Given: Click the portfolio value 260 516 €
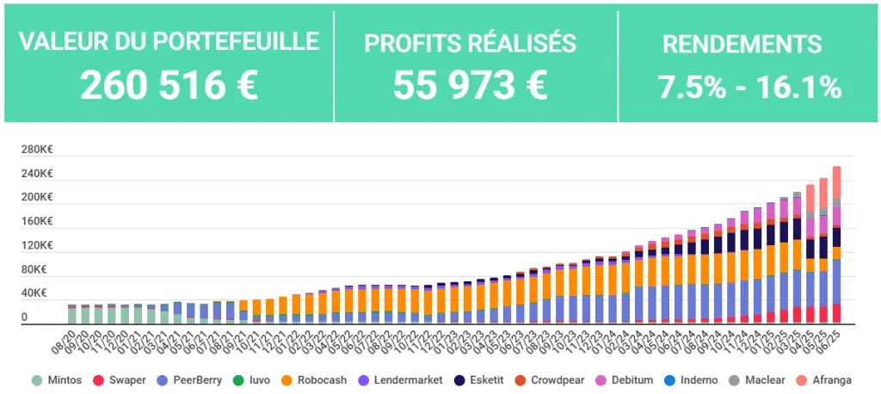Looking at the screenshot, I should pos(169,84).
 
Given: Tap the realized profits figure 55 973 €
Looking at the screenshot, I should pos(470,84).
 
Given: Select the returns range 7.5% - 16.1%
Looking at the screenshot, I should pos(749,86).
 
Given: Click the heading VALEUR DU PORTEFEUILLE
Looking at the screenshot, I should pos(169,41).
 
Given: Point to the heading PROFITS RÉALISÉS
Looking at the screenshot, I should pos(470,43).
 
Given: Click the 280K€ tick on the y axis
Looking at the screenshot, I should pos(36,150).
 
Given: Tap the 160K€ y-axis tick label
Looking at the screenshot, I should pos(36,221).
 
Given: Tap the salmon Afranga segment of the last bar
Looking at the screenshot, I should pos(835,182).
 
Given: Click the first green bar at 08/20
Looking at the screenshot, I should pos(72,315).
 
